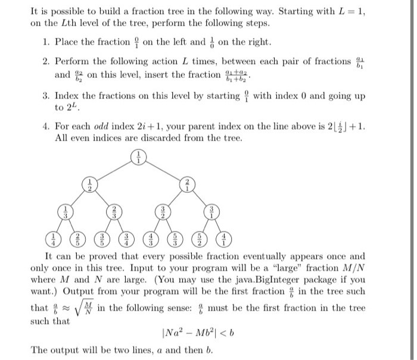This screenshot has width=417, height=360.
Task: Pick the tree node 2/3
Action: tap(113, 212)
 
